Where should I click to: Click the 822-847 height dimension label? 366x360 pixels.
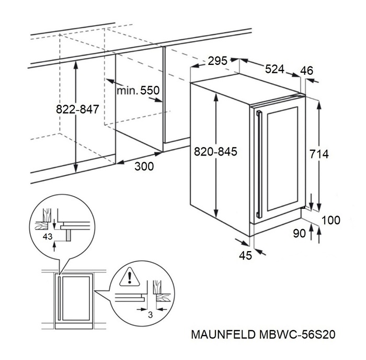pyautogui.click(x=77, y=109)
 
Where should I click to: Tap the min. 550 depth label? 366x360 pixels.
pyautogui.click(x=138, y=91)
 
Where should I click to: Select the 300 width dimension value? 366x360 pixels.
pyautogui.click(x=144, y=167)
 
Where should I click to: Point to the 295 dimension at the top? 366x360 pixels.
pyautogui.click(x=217, y=60)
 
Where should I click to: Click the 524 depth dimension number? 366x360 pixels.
pyautogui.click(x=274, y=68)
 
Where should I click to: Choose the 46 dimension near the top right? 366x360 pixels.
pyautogui.click(x=307, y=71)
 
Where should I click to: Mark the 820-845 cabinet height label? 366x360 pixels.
pyautogui.click(x=216, y=152)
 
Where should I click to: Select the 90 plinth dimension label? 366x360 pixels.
pyautogui.click(x=299, y=234)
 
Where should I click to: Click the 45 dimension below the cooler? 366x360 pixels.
pyautogui.click(x=246, y=255)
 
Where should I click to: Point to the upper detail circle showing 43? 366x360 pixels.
pyautogui.click(x=59, y=224)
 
